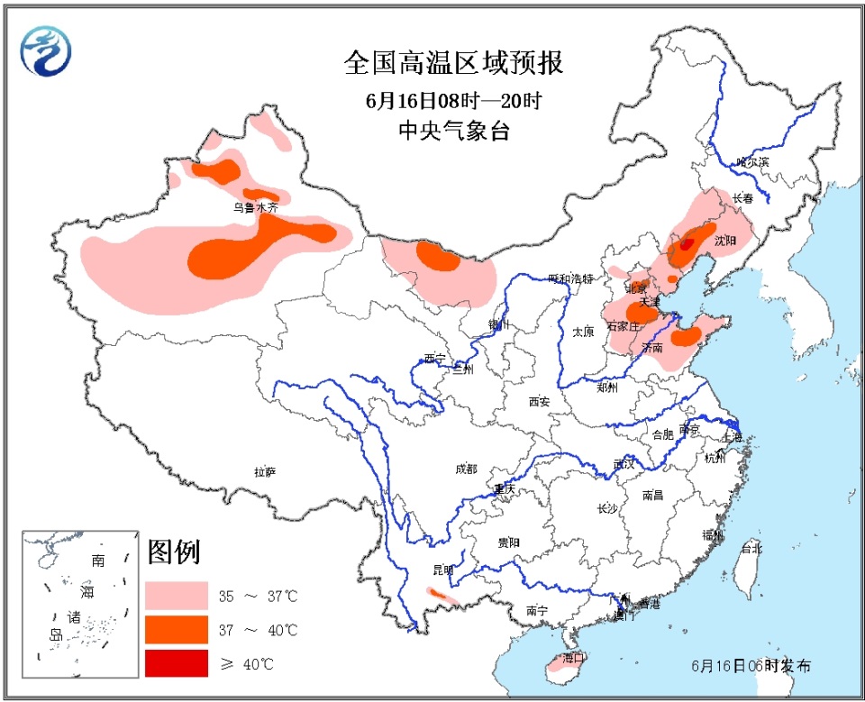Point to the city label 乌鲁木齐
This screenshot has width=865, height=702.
(x=256, y=206)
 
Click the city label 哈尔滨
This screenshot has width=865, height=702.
(x=752, y=162)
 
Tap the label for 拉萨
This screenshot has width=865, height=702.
(x=264, y=471)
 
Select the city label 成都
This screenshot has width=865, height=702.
(x=466, y=469)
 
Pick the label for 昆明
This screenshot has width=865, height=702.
(x=443, y=570)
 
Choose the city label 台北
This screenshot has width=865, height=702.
(x=751, y=548)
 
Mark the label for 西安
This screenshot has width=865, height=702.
(x=539, y=402)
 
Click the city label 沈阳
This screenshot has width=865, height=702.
(x=725, y=241)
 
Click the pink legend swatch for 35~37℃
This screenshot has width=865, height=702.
(x=176, y=595)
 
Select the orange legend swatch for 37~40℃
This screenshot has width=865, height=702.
(x=176, y=629)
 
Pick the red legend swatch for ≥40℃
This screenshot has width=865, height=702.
(x=176, y=663)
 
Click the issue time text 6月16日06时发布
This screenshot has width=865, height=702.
(x=751, y=666)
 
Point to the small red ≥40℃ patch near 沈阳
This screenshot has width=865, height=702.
(x=687, y=242)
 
